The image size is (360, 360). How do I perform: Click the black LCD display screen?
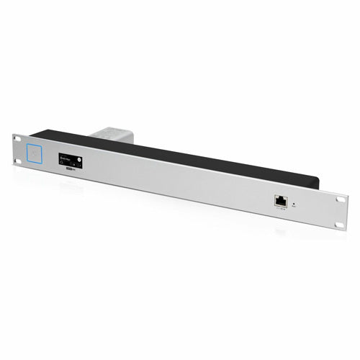pyautogui.click(x=70, y=161)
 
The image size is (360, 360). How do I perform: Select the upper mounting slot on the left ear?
pyautogui.click(x=17, y=140)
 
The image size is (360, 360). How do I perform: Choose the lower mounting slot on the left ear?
pyautogui.click(x=17, y=162)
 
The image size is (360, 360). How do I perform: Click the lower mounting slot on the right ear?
pyautogui.click(x=341, y=225)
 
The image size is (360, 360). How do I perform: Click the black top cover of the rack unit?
pyautogui.click(x=180, y=155)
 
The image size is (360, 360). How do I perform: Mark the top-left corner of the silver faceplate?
pyautogui.click(x=13, y=135)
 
